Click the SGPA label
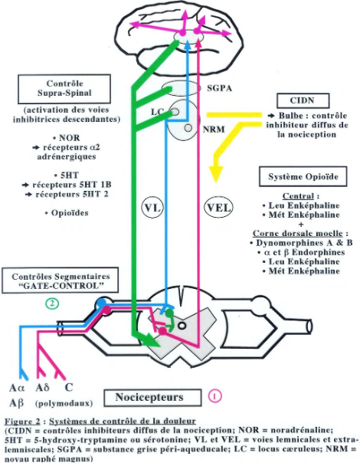220,90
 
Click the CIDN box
303,100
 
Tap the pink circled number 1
216,396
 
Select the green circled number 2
52,303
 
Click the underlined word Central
301,195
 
